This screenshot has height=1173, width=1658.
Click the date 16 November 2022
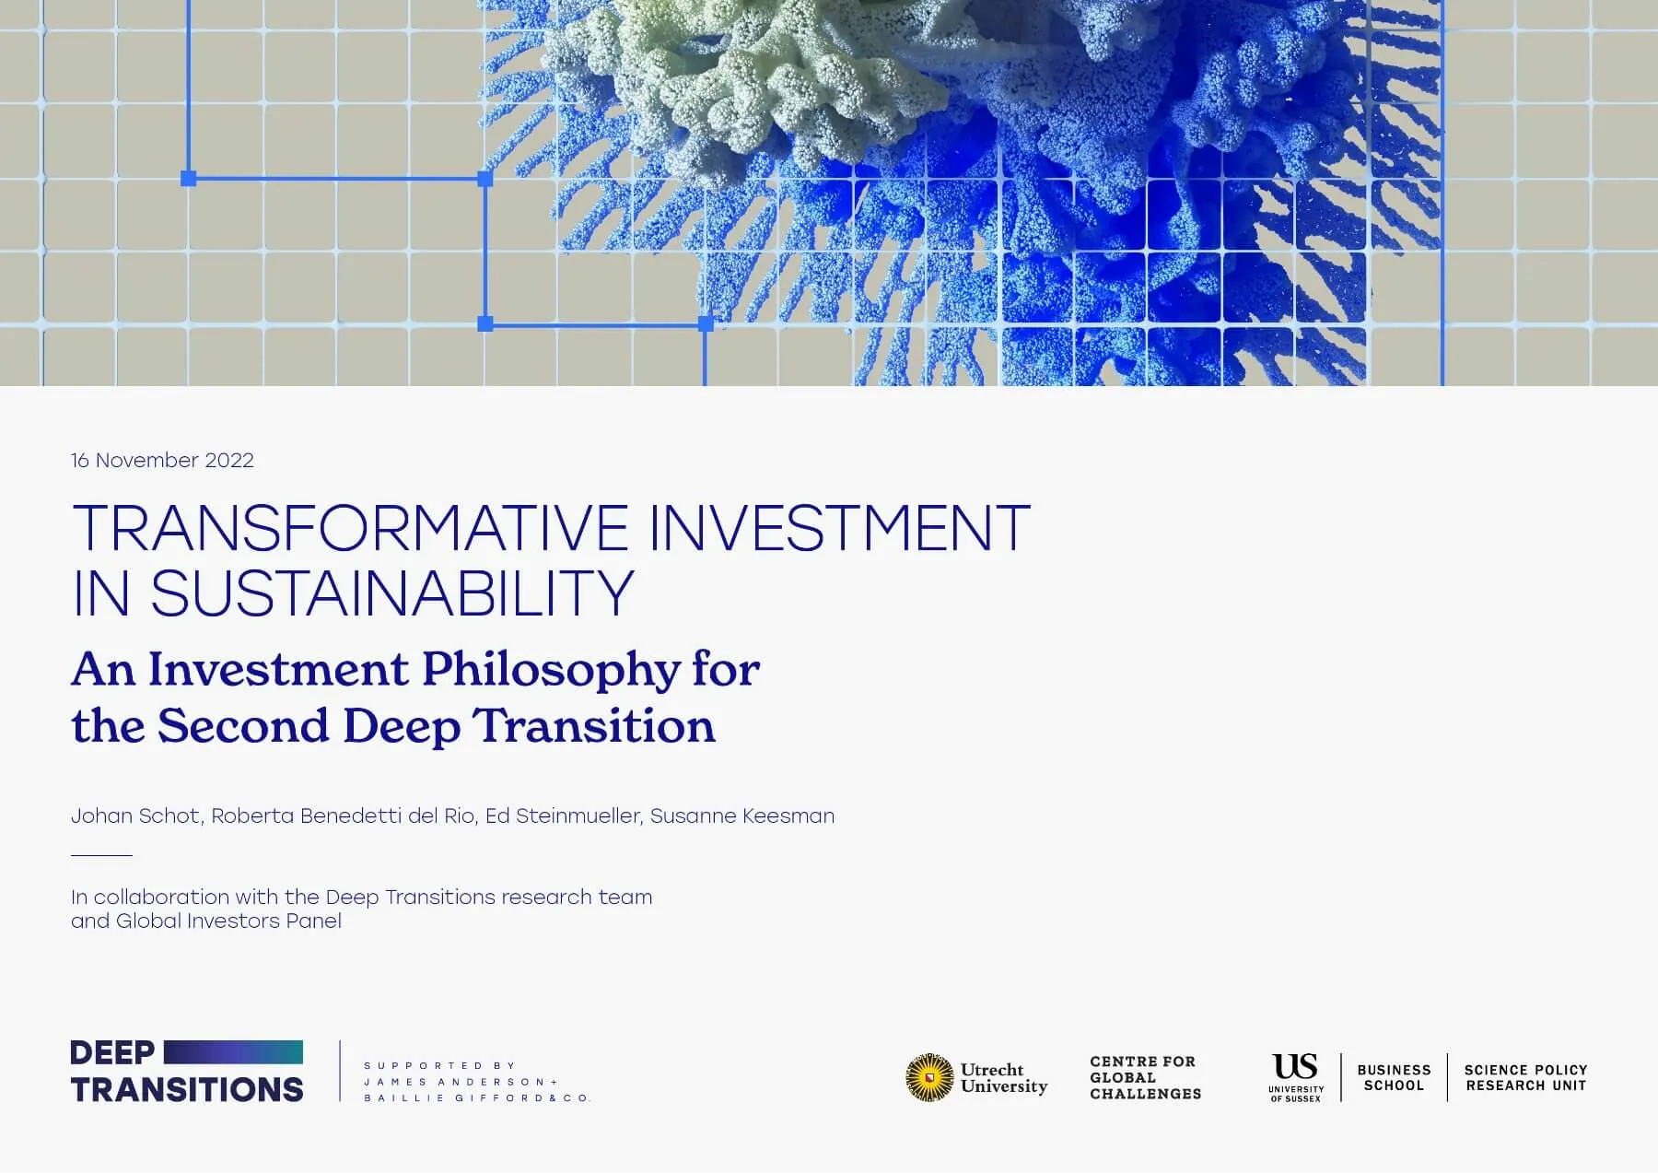pos(162,460)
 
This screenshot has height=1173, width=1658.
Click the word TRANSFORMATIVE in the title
pos(350,528)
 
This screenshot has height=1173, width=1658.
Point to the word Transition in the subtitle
pos(594,726)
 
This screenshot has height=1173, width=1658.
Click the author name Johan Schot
pos(135,815)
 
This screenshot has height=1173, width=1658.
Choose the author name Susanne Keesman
pos(742,815)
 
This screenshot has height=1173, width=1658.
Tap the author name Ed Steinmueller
pos(562,815)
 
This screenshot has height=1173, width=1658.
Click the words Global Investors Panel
pos(228,921)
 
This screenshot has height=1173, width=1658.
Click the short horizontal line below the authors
pos(101,855)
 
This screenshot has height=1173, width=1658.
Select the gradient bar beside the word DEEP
pos(233,1052)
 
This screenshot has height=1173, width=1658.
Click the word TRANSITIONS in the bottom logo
pos(187,1089)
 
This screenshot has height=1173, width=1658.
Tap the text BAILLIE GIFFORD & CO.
pos(477,1097)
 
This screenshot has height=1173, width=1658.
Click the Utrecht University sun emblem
pos(929,1077)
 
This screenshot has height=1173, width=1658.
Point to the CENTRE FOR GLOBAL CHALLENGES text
pos(1145,1077)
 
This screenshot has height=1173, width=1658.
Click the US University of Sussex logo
pos(1295,1076)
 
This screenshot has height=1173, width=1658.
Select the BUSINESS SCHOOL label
pos(1394,1077)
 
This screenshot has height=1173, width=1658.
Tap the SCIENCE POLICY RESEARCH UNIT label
pos(1525,1077)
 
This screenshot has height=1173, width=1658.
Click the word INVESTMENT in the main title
pos(839,528)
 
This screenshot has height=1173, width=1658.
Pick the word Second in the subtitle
pos(243,726)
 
